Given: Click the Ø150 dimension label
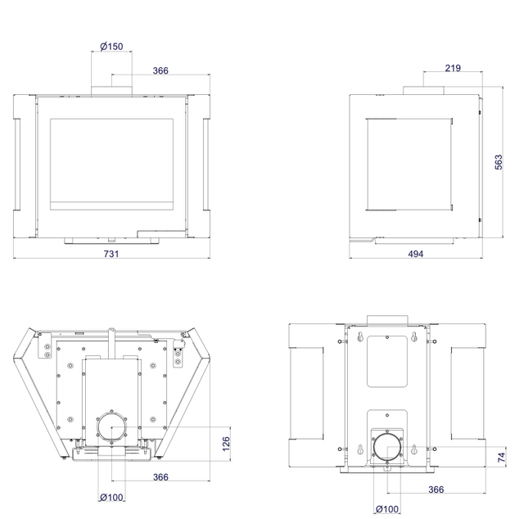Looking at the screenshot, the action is [111, 46].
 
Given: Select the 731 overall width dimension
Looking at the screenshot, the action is [111, 254].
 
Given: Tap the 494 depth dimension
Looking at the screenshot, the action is [416, 254].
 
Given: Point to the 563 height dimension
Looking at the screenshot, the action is [499, 162].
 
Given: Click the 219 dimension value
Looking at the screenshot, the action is [453, 68].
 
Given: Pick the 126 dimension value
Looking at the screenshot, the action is [226, 444].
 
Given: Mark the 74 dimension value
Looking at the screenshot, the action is [502, 458].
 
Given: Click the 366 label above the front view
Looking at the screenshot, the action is [160, 70].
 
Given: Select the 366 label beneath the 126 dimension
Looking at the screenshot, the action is [160, 477].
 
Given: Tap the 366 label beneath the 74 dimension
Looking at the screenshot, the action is [436, 490].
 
